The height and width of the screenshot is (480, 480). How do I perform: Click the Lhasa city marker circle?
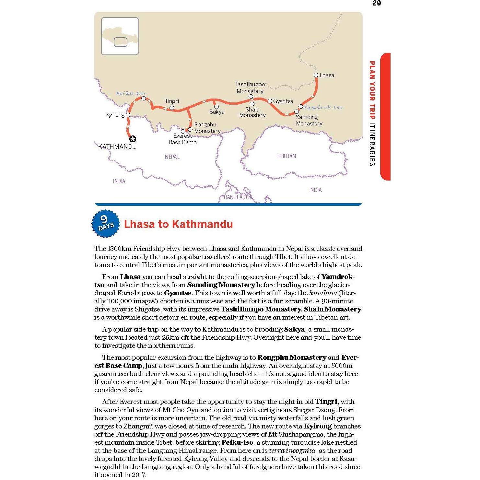316,75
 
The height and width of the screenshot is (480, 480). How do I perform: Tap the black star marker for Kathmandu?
133,139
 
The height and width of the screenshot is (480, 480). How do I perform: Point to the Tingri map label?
172,101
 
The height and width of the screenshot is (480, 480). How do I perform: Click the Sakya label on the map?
217,112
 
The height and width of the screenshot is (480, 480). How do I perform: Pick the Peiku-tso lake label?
130,94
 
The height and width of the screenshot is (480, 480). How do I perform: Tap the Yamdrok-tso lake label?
323,107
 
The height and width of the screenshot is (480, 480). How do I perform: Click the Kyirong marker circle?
128,115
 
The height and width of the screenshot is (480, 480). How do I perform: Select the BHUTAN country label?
287,156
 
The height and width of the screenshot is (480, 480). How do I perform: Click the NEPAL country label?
172,157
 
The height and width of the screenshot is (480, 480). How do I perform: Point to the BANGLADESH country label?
239,197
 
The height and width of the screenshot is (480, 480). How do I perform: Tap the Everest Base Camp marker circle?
183,131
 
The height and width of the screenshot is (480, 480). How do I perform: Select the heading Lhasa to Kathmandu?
178,224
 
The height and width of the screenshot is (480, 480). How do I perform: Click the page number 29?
377,3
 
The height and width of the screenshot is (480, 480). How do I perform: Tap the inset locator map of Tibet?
120,36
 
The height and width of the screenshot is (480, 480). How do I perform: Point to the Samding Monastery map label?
309,120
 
